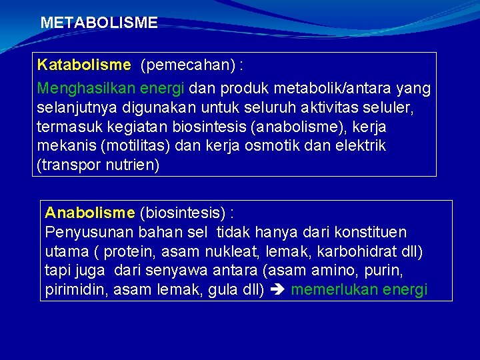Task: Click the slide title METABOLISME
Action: click(x=99, y=23)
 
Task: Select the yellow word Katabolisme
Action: click(x=84, y=65)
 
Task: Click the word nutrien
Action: click(x=133, y=165)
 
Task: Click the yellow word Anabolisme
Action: click(x=89, y=213)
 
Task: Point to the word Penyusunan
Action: click(x=89, y=232)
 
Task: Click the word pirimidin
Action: click(x=72, y=290)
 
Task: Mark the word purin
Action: click(x=389, y=271)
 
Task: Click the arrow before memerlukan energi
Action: click(x=277, y=291)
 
